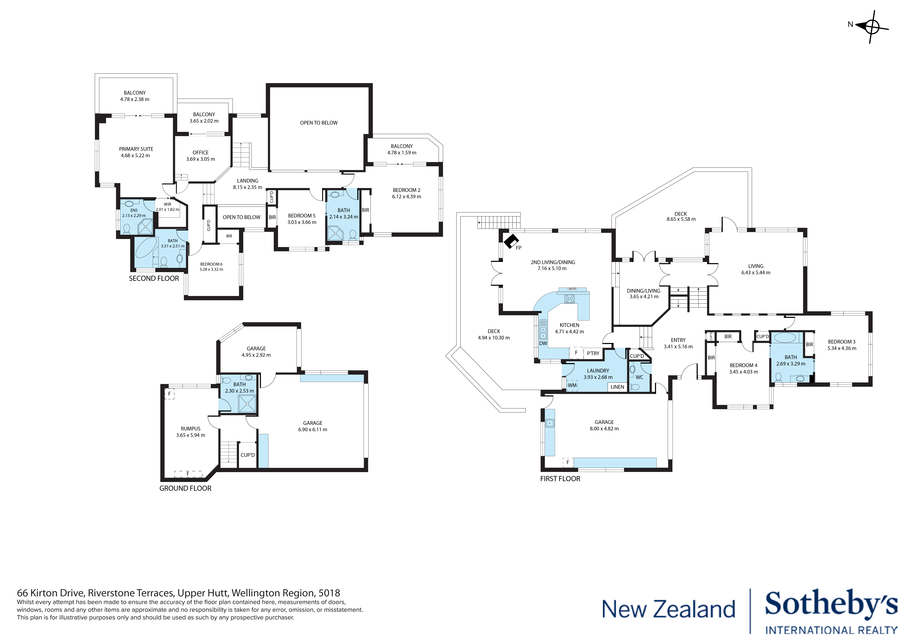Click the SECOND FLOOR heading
(x=154, y=279)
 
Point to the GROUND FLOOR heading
(x=185, y=488)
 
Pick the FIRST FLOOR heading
(x=560, y=478)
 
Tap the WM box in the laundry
(x=572, y=385)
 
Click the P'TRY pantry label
(x=593, y=353)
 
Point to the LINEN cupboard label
(x=617, y=387)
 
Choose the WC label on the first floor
(x=639, y=377)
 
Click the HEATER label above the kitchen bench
(x=572, y=289)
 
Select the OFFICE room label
(x=201, y=153)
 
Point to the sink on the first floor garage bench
(x=550, y=423)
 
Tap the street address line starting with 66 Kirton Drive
(x=178, y=593)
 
